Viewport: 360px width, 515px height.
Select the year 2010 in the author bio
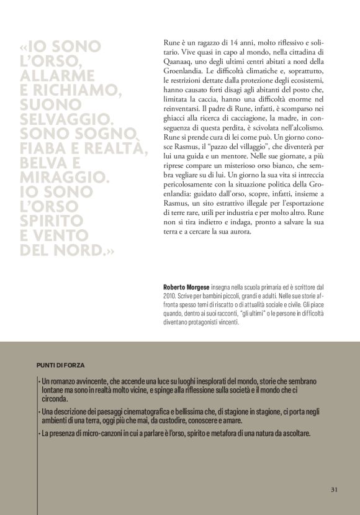[169, 297]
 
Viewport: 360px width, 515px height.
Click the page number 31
[334, 490]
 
